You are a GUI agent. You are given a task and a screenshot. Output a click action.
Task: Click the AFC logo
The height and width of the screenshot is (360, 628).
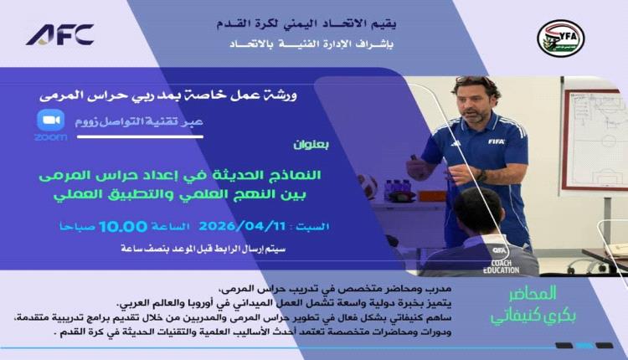tap(59, 35)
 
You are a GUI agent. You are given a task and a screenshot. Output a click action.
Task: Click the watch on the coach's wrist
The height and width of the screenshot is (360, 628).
tap(481, 176)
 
